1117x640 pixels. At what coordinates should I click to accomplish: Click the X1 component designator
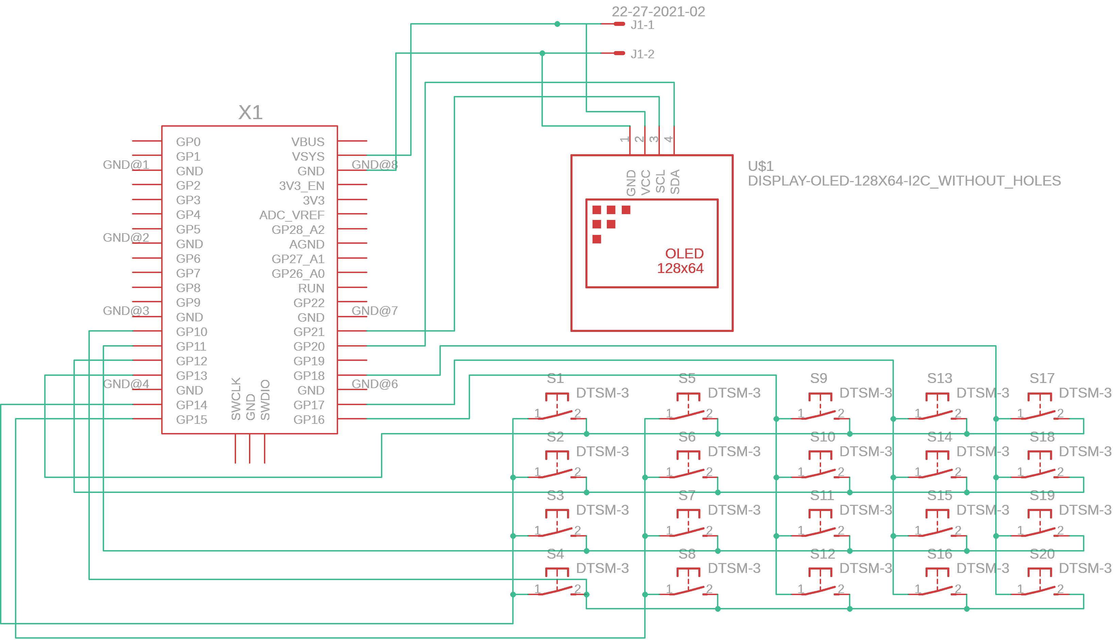point(250,113)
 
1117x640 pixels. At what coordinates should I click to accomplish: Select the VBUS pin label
point(307,142)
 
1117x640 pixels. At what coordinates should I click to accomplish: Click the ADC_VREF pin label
point(291,215)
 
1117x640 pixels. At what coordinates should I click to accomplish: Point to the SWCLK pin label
point(236,398)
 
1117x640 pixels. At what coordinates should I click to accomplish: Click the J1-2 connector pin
point(619,53)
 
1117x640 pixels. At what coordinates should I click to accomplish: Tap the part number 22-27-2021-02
point(658,12)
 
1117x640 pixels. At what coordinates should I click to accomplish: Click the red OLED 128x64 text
point(680,261)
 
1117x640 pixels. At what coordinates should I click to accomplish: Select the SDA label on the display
point(675,181)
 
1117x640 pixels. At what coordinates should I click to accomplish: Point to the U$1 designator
point(761,166)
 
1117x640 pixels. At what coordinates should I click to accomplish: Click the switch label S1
point(555,378)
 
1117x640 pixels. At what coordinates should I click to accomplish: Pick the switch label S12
point(822,554)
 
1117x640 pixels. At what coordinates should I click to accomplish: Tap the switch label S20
point(1042,554)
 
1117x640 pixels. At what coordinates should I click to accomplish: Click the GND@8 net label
point(374,165)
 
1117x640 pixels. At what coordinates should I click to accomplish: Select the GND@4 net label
point(126,384)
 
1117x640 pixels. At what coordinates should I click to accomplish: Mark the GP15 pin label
point(191,420)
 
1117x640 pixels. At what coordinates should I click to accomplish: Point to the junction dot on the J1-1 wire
point(557,24)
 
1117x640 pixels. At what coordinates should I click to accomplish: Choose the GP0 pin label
point(188,142)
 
